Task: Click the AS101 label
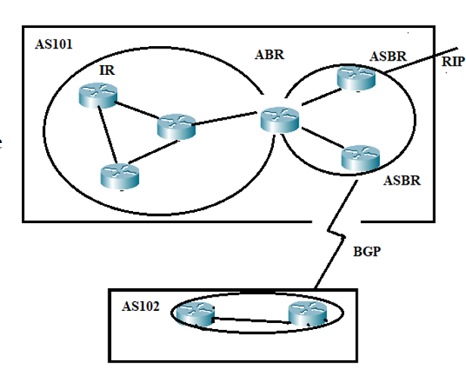point(54,43)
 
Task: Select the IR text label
point(107,70)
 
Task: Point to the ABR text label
point(270,54)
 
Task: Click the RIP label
point(452,62)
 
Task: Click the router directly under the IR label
point(99,95)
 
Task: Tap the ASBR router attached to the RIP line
point(356,77)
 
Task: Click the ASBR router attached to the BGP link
point(359,157)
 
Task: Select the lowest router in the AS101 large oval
point(120,176)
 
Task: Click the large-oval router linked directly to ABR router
point(176,126)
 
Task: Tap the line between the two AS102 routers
point(251,319)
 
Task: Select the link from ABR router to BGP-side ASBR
point(318,139)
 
